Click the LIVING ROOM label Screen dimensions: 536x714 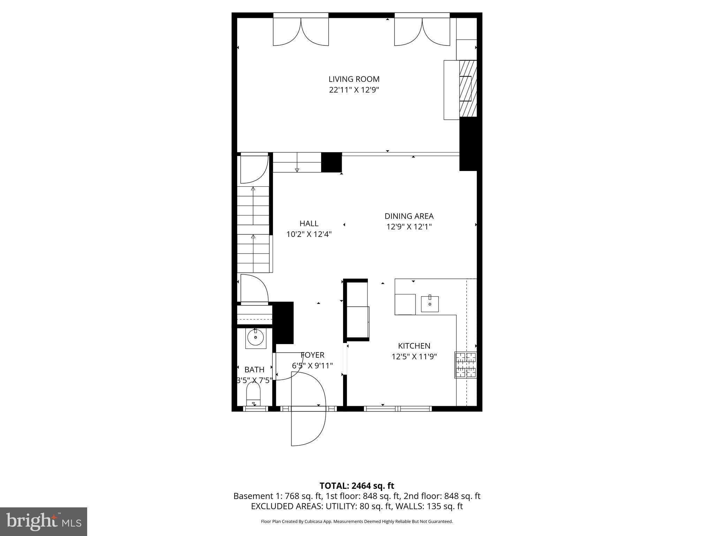tap(354, 79)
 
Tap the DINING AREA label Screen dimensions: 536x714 tap(409, 216)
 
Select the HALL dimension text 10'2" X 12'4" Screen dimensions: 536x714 tap(309, 234)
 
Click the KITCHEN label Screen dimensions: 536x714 tap(414, 346)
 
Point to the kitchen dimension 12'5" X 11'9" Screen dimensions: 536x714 tap(414, 357)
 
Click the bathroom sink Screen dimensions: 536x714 tap(256, 337)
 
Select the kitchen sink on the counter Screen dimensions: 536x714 tap(430, 304)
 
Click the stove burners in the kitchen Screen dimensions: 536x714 tap(465, 365)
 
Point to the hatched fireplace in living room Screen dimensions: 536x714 tap(468, 88)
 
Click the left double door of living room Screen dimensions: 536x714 tap(301, 32)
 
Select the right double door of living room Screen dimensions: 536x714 tap(422, 32)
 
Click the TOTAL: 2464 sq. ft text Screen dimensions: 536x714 tap(357, 486)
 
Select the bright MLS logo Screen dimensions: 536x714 tap(43, 521)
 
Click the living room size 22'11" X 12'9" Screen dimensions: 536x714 tap(354, 90)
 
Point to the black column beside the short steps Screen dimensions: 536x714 tap(331, 162)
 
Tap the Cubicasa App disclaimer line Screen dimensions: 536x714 tap(357, 522)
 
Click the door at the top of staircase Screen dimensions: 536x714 tap(253, 169)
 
